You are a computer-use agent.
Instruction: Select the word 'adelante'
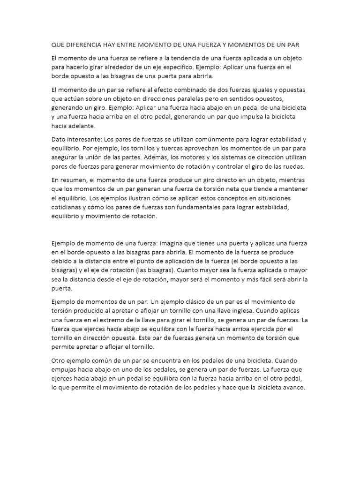81,126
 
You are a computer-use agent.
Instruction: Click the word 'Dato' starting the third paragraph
59,140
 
